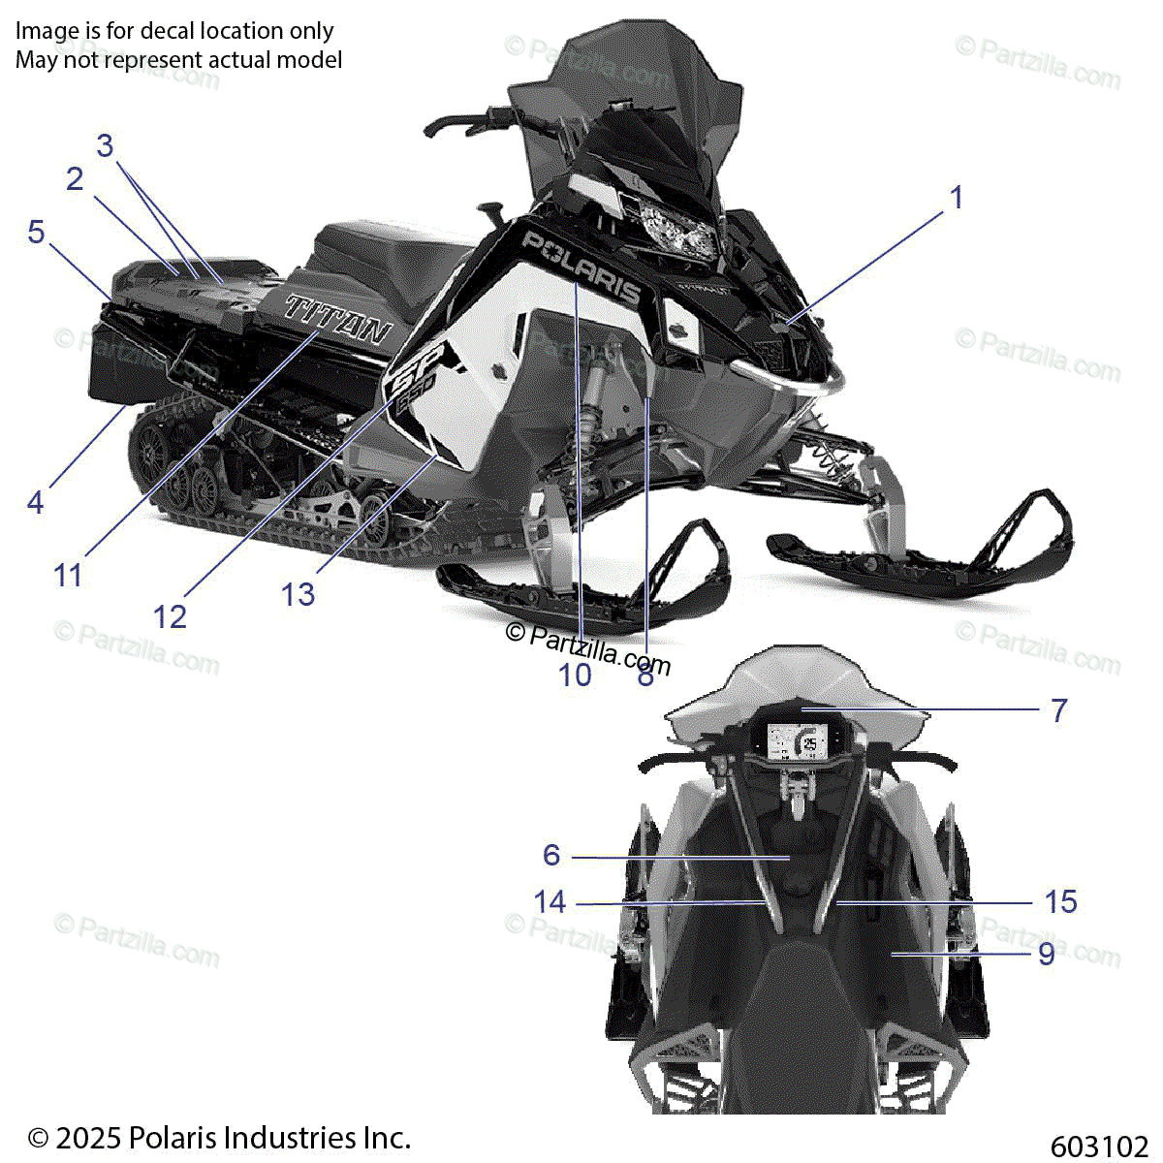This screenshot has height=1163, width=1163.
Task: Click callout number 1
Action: (x=957, y=198)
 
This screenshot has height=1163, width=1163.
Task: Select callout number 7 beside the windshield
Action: (x=1059, y=710)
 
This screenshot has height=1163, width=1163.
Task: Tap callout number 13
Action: (x=299, y=594)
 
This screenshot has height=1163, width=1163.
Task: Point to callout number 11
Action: (x=68, y=575)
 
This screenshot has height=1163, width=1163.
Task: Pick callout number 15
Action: (x=1060, y=902)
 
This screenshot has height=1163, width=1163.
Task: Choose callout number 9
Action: (x=1047, y=954)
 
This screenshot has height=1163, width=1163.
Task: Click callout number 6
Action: (x=551, y=855)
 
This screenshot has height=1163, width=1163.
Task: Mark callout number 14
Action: (x=550, y=902)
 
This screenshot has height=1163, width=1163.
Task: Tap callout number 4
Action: (x=36, y=502)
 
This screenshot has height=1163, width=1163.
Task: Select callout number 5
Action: (x=36, y=232)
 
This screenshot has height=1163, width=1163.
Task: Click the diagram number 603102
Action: (x=1098, y=1147)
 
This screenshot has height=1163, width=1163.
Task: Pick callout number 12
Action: (x=170, y=616)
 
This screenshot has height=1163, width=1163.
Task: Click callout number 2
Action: (x=75, y=179)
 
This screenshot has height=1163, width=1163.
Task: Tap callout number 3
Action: (x=105, y=146)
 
